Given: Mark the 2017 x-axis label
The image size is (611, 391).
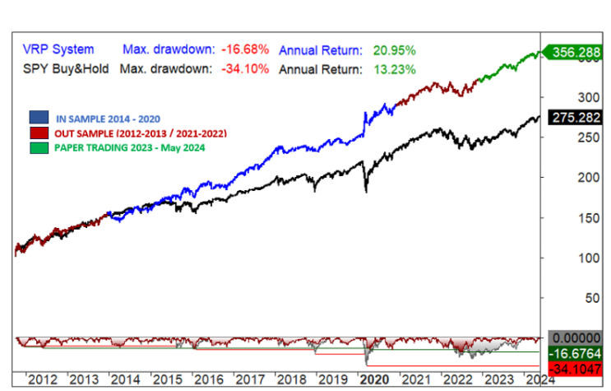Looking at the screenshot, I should tap(250, 379).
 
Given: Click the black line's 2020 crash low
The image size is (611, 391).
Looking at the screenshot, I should tap(365, 191).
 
